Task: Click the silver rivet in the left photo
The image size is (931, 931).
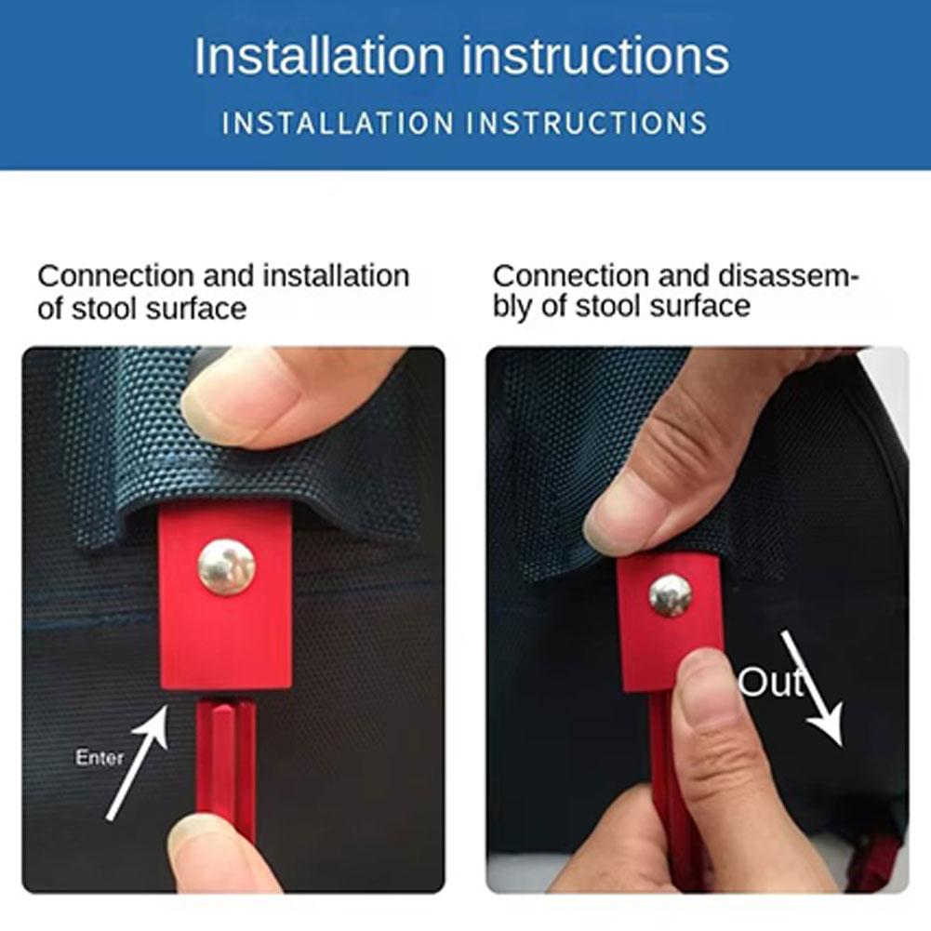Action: pyautogui.click(x=226, y=568)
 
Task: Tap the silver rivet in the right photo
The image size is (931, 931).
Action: pyautogui.click(x=671, y=595)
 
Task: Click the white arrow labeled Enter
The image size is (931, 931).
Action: pyautogui.click(x=138, y=763)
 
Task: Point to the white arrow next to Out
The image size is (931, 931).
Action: pyautogui.click(x=812, y=688)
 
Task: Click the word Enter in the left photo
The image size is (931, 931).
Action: pyautogui.click(x=100, y=757)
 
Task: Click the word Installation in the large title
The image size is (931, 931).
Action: pyautogui.click(x=319, y=56)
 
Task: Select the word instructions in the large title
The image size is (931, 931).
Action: pyautogui.click(x=595, y=56)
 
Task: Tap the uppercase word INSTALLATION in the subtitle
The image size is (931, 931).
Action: pyautogui.click(x=339, y=123)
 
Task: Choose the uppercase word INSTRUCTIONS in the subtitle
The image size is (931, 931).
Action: pyautogui.click(x=587, y=123)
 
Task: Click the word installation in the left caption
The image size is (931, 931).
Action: pyautogui.click(x=336, y=276)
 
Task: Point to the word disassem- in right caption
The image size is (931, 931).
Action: pyautogui.click(x=789, y=276)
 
